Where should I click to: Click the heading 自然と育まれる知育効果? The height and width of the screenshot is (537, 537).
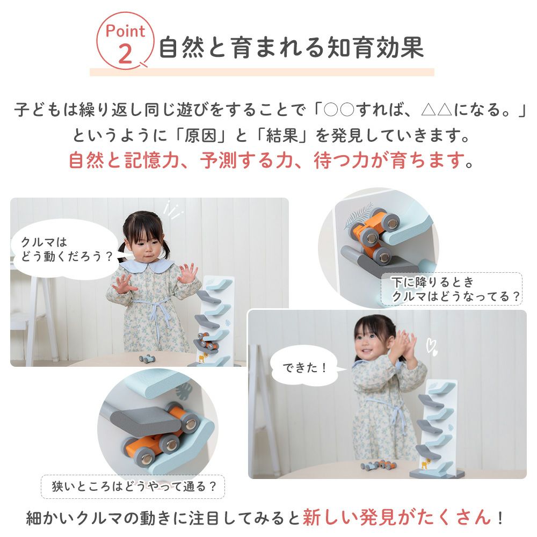click(292, 47)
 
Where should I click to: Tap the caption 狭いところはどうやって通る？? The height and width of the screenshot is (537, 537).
click(133, 487)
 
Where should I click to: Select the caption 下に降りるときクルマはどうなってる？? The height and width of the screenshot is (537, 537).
click(452, 289)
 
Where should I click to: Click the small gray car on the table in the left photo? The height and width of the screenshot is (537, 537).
click(147, 359)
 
